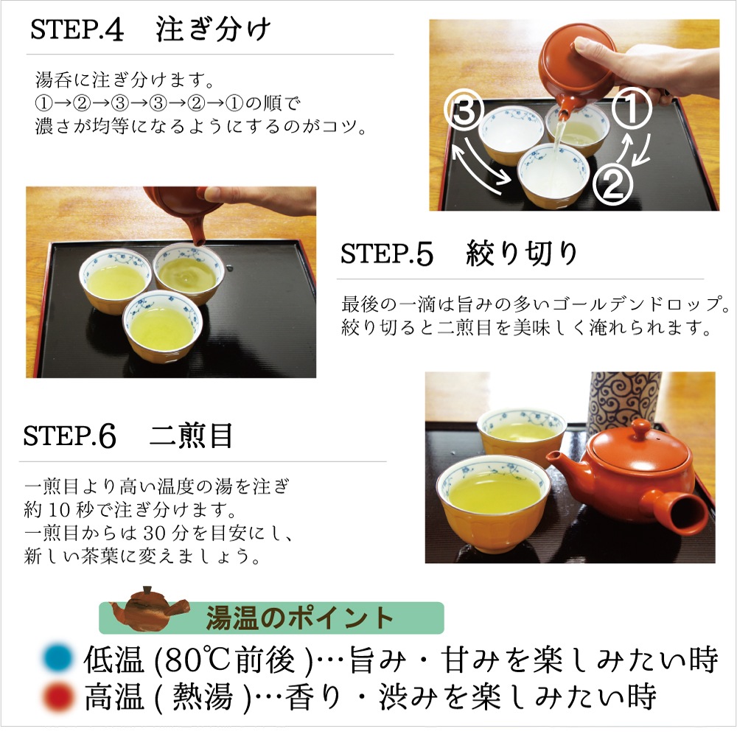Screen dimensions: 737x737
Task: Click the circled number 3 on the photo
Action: click(x=464, y=111)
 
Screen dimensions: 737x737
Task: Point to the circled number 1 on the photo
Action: click(x=632, y=108)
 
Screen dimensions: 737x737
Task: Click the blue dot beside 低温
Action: click(x=57, y=657)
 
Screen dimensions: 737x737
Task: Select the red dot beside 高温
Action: click(x=57, y=696)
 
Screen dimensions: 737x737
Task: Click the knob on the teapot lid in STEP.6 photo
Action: click(x=640, y=428)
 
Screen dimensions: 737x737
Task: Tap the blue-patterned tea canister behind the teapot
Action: click(x=624, y=399)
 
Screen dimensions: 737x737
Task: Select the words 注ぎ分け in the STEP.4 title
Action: click(x=213, y=29)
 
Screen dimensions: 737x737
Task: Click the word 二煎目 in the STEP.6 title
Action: click(x=191, y=436)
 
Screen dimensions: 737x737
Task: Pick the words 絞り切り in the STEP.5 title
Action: click(x=521, y=254)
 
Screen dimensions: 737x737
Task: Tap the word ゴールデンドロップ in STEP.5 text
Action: click(x=641, y=304)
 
